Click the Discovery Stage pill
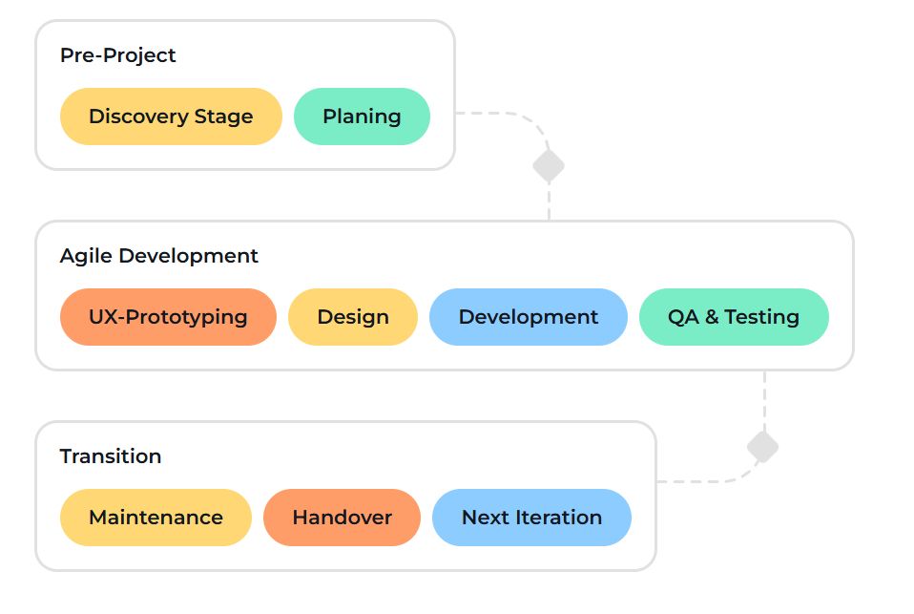(x=171, y=116)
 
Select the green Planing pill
(x=362, y=116)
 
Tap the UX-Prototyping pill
(x=168, y=317)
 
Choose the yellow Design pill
(x=353, y=317)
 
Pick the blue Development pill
(x=529, y=317)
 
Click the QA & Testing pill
(x=734, y=317)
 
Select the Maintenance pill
(x=156, y=518)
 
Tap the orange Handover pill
(x=342, y=518)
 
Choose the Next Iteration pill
(x=531, y=518)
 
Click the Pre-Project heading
(x=118, y=55)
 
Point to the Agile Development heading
(x=159, y=256)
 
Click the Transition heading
(x=111, y=456)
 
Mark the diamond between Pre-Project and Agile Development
(x=549, y=165)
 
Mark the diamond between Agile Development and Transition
(x=762, y=447)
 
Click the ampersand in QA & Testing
(x=712, y=317)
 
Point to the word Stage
(x=224, y=116)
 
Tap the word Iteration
(x=558, y=518)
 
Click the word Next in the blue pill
(x=484, y=518)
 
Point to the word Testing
(x=761, y=317)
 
